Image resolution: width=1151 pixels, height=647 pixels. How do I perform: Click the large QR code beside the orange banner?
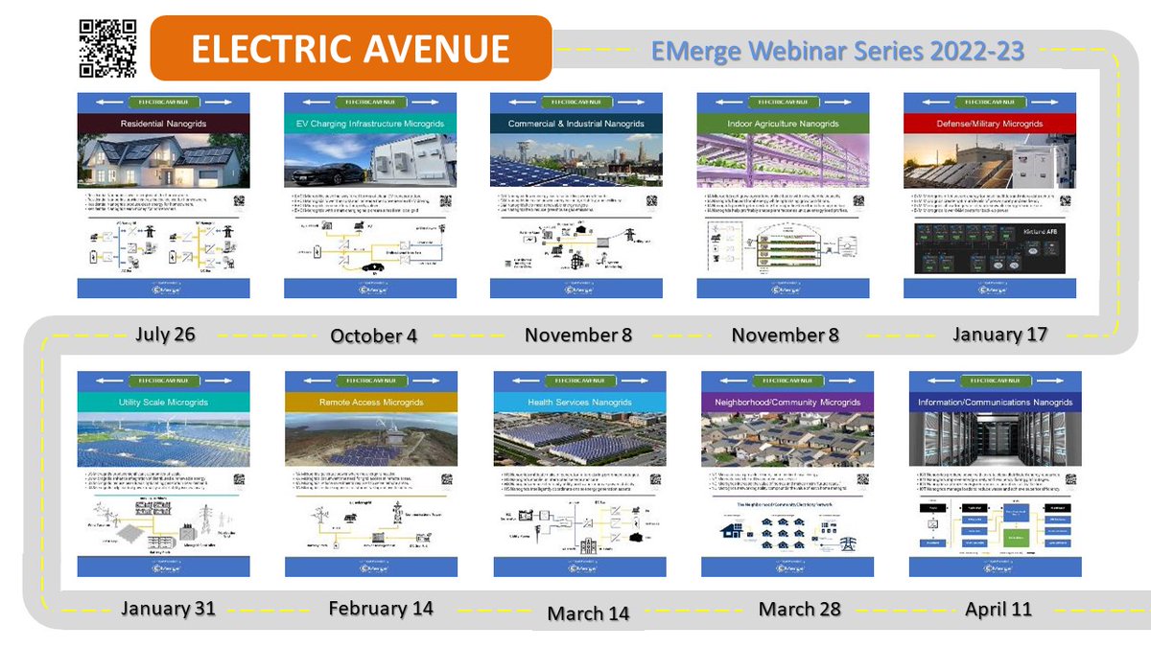point(107,47)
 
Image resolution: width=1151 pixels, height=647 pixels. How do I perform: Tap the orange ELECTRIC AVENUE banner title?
point(350,49)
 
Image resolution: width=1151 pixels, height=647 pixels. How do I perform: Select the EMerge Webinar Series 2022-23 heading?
point(837,51)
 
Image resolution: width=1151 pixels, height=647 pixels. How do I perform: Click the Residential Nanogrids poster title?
point(163,124)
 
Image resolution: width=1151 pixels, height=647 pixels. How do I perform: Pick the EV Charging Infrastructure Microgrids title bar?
point(370,124)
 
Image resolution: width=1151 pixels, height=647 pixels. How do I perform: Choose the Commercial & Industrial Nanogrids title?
point(575,124)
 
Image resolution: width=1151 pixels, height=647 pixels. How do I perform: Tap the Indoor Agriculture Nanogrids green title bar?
point(783,124)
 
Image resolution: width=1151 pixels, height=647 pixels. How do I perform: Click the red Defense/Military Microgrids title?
point(989,124)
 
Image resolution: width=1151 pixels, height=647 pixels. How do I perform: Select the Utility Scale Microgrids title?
point(163,403)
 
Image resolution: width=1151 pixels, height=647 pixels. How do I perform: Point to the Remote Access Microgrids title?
point(370,403)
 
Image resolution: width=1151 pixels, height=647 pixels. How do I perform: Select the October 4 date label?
point(374,335)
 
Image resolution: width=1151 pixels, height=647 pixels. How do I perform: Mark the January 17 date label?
point(999,335)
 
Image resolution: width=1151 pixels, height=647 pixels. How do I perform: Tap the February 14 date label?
point(381,609)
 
